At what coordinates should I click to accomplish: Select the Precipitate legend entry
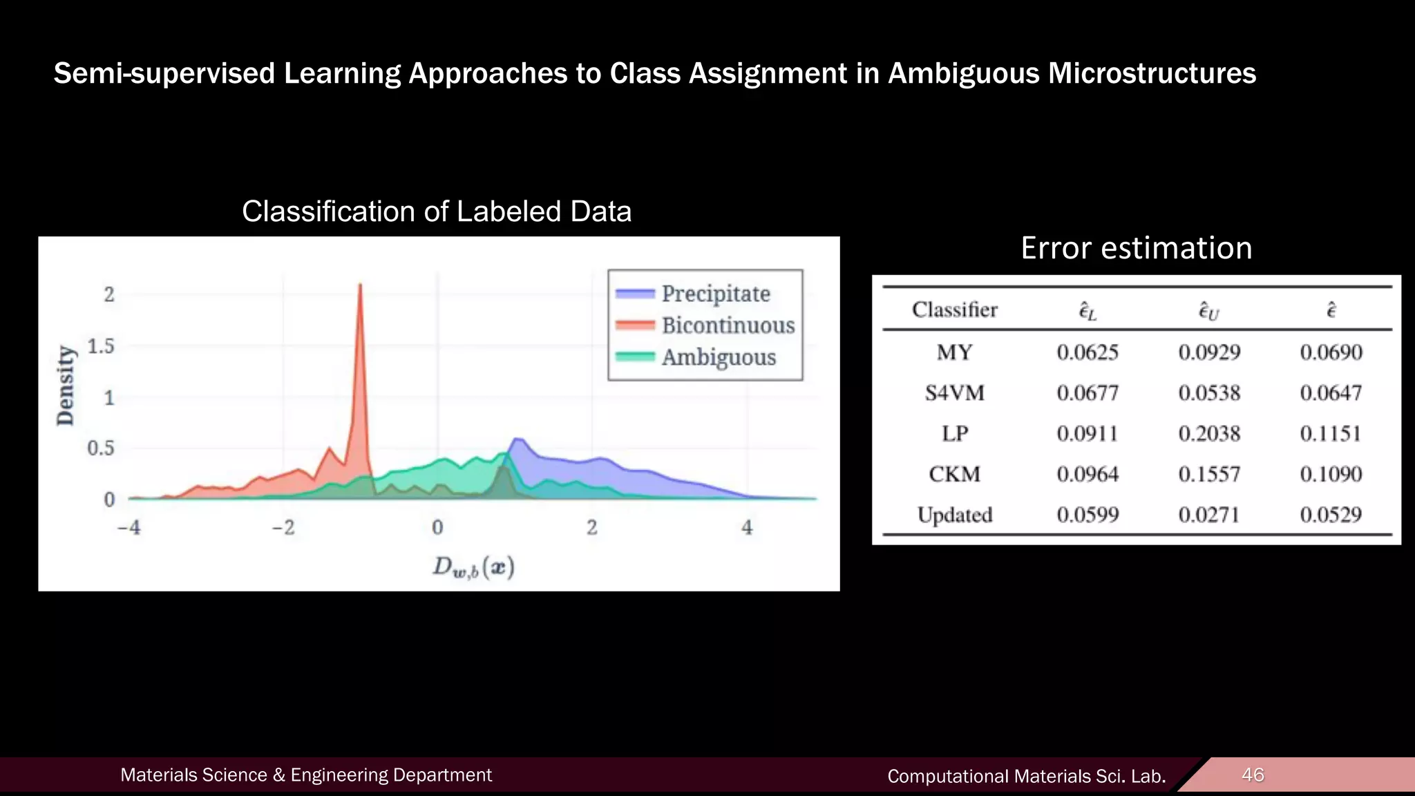(715, 294)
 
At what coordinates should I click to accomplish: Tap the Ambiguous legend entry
(719, 357)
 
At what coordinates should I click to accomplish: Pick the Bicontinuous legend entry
(728, 325)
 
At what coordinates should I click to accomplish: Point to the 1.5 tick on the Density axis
(101, 346)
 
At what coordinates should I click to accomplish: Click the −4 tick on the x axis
(129, 528)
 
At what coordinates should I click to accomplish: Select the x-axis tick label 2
(592, 528)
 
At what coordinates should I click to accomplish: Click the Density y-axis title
(66, 386)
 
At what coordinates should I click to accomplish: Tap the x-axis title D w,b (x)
(473, 567)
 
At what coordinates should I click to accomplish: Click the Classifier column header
(954, 310)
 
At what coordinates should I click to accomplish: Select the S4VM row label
(954, 393)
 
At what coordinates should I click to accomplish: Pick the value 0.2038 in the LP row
(1209, 434)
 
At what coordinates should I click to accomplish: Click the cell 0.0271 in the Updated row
(1209, 515)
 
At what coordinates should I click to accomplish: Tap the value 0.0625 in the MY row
(1088, 352)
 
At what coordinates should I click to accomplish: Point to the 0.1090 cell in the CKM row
(1331, 474)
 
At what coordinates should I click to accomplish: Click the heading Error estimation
(1136, 248)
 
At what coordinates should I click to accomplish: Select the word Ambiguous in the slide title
(962, 73)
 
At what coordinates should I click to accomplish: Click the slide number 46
(1253, 775)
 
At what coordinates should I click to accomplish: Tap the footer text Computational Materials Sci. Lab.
(1026, 776)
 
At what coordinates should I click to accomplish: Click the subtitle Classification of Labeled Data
(437, 211)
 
